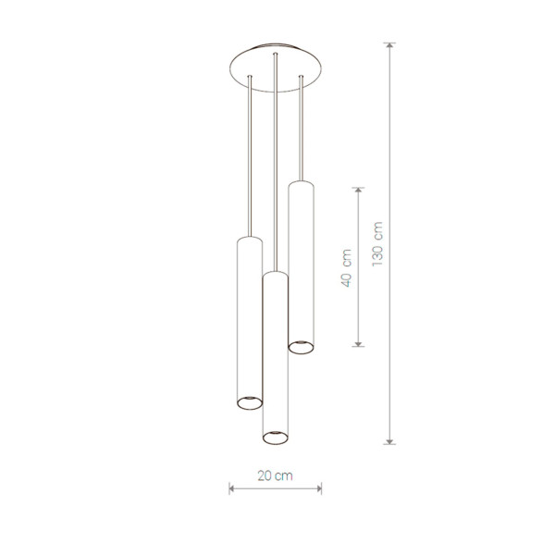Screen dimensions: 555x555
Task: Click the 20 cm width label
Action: pyautogui.click(x=275, y=475)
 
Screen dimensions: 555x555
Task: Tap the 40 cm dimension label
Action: pyautogui.click(x=346, y=268)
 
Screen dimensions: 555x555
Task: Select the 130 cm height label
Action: pyautogui.click(x=377, y=244)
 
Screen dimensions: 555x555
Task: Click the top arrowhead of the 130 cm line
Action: pyautogui.click(x=389, y=45)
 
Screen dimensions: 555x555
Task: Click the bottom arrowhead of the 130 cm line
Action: pyautogui.click(x=389, y=441)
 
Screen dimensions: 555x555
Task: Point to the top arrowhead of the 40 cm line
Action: pyautogui.click(x=358, y=190)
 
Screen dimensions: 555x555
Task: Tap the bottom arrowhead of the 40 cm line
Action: pyautogui.click(x=358, y=344)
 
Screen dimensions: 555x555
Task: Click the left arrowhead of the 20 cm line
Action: pyautogui.click(x=231, y=488)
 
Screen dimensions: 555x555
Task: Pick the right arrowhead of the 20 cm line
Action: pyautogui.click(x=319, y=488)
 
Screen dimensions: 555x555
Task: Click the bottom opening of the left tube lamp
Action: pyautogui.click(x=250, y=402)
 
